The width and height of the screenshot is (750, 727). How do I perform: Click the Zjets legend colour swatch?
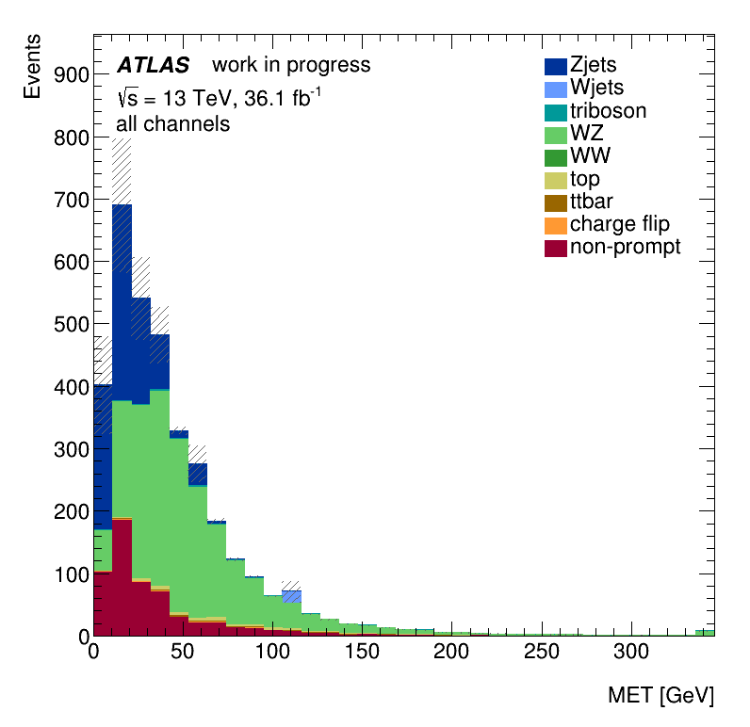click(x=555, y=66)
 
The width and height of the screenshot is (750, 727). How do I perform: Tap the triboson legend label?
click(x=608, y=111)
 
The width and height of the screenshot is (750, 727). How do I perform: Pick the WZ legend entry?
click(x=586, y=134)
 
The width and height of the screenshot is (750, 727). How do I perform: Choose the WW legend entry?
click(x=588, y=156)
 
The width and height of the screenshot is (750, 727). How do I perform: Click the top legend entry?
click(x=584, y=179)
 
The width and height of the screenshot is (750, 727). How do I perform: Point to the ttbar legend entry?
click(x=591, y=202)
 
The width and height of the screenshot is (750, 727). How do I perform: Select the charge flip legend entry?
click(x=619, y=224)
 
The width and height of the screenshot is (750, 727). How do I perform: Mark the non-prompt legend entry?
click(x=625, y=247)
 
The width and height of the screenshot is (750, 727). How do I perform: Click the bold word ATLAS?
click(x=153, y=66)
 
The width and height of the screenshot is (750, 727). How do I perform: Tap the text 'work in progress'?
click(x=291, y=66)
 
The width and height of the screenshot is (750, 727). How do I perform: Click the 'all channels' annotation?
click(x=172, y=124)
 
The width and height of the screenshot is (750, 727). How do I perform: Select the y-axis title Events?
click(x=32, y=66)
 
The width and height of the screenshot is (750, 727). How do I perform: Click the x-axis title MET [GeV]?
click(x=660, y=696)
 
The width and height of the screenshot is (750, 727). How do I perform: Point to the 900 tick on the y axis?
click(x=71, y=75)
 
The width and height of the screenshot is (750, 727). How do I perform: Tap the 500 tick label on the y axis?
click(x=71, y=324)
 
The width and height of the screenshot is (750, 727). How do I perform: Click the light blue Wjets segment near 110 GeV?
click(x=291, y=596)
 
